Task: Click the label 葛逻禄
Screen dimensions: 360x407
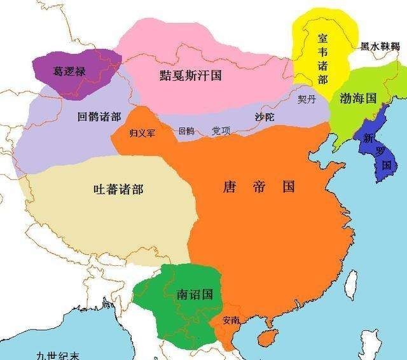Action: tap(69, 72)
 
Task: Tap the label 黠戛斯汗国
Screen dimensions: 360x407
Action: tap(190, 74)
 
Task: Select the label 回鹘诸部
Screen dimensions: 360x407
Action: tap(99, 117)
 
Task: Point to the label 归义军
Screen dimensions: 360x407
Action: tap(142, 132)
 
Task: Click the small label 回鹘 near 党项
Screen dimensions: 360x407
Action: tap(186, 132)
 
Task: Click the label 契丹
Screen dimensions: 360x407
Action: tap(307, 99)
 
